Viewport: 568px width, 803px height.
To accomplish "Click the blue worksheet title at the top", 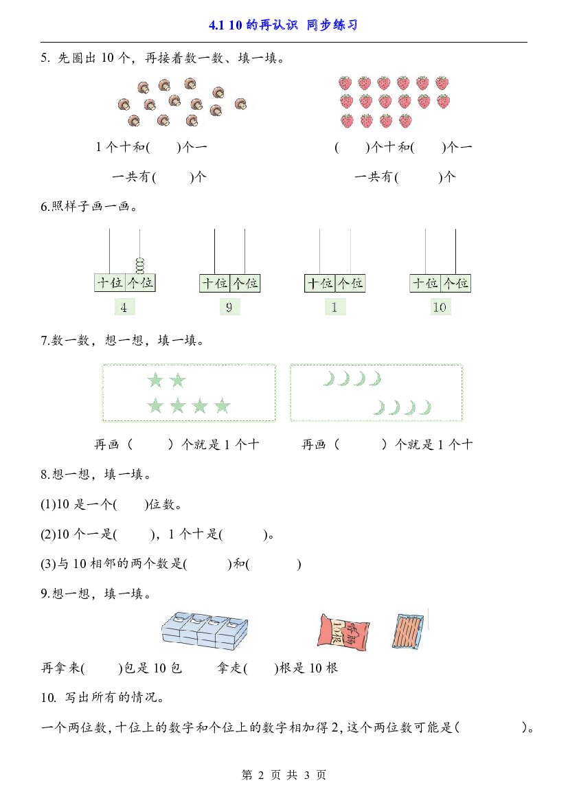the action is pos(283,25).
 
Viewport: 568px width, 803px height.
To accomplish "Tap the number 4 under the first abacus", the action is pos(124,307).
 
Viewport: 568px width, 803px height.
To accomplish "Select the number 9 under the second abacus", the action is pos(229,307).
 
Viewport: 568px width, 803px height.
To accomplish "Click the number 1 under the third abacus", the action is pos(334,307).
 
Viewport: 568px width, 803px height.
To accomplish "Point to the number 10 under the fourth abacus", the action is pos(440,307).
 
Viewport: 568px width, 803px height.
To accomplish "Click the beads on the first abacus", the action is pos(139,266).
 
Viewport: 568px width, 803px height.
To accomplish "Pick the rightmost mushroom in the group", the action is pos(240,104).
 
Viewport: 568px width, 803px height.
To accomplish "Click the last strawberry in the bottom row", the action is pos(405,121).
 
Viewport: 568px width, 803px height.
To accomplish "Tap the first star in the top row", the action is pos(155,380).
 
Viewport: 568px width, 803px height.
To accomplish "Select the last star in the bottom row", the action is pos(223,406).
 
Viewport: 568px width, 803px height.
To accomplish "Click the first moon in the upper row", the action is pos(328,379).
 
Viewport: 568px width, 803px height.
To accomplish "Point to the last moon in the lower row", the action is pos(425,407).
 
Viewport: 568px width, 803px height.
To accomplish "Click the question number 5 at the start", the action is pos(45,58).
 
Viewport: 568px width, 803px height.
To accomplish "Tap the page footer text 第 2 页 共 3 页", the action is pos(284,775).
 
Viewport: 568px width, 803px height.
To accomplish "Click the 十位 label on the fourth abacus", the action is pos(425,283).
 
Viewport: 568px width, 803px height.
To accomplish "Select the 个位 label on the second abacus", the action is pos(246,283).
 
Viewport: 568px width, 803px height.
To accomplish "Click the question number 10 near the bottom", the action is pos(48,697).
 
